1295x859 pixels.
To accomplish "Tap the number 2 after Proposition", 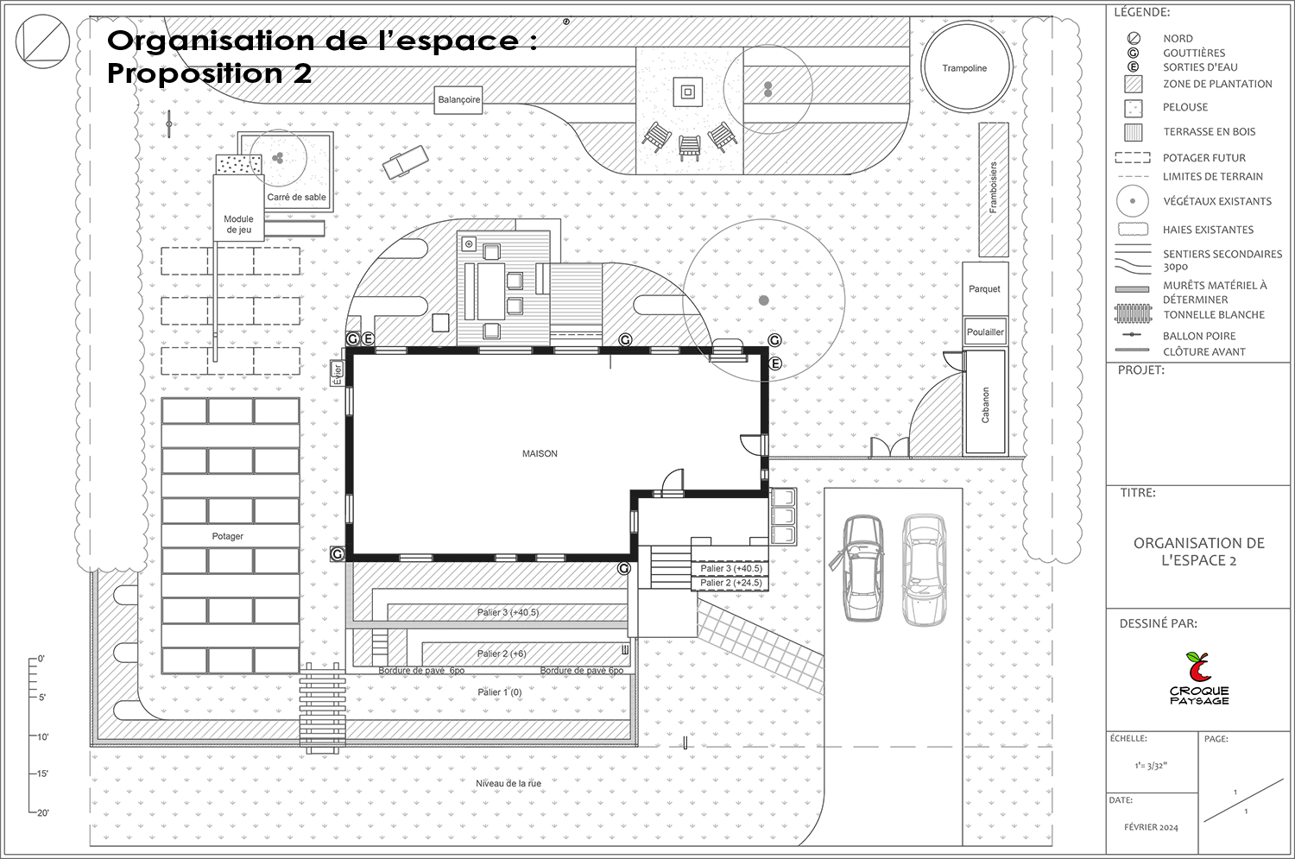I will (x=301, y=74).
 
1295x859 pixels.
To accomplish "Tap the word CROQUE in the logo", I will (x=1199, y=691).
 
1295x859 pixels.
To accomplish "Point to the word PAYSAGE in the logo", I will (x=1199, y=701).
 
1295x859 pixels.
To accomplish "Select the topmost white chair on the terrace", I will (x=490, y=252).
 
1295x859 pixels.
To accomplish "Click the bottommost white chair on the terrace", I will (x=490, y=331).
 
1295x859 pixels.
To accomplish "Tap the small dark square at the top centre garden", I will (x=687, y=91).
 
